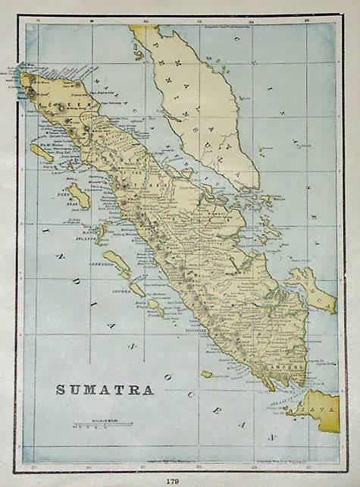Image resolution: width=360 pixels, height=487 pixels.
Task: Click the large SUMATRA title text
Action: point(105,390)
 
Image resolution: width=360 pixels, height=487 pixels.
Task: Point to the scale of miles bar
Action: point(102,424)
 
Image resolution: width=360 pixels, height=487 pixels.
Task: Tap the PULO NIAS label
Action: point(58,196)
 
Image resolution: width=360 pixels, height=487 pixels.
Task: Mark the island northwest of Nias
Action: point(42,151)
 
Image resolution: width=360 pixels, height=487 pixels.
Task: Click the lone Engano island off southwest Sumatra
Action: point(206,374)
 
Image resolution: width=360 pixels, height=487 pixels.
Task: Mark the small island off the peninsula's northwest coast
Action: point(139,54)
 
